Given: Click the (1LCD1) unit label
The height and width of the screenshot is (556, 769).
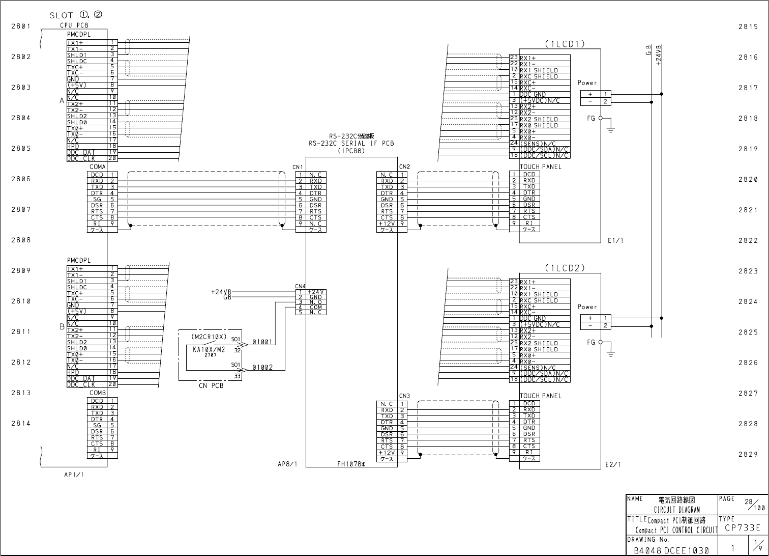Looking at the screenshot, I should pos(565,44).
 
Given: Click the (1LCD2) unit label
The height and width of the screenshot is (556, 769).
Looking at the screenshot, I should pos(565,268).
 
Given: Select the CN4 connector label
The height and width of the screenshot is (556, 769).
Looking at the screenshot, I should pos(300,286).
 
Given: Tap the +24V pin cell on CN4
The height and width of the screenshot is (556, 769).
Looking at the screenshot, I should pos(315,292).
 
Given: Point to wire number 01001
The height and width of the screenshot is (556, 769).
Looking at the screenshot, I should pos(262,343).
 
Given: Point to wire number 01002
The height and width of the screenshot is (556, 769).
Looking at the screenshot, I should pos(262,367).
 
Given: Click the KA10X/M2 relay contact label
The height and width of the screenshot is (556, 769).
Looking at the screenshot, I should pos(209,349).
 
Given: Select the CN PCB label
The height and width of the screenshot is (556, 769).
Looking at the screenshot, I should pos(211,385).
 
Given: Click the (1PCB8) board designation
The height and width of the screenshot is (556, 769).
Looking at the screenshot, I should pos(351,150).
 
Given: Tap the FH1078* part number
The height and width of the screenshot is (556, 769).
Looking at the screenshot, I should pos(351,464).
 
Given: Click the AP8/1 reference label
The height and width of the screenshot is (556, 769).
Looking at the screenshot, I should pos(287,464).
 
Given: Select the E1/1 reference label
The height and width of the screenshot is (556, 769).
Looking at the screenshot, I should pos(615,240).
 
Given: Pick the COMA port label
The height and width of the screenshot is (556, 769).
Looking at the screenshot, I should pos(98,166).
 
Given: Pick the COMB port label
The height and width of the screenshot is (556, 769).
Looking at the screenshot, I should pos(98,393).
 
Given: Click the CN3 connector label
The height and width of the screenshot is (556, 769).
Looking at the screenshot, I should pos(404,396).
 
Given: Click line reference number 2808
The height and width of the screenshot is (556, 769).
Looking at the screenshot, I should pos(21,240).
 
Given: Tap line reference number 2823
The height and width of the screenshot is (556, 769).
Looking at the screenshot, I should pos(748,271).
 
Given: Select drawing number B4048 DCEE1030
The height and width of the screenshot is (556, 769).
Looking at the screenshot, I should pos(670,550).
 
